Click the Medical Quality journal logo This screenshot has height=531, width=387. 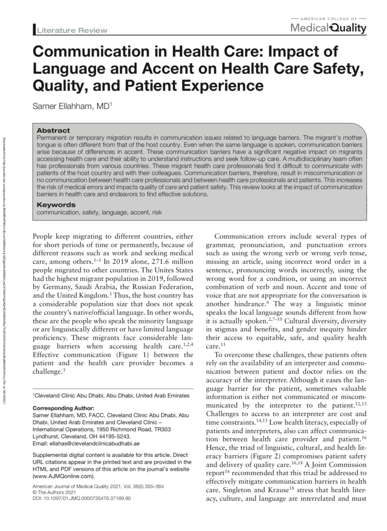[328, 27]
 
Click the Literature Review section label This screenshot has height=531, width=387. [72, 30]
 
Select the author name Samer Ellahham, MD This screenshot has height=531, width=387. [71, 106]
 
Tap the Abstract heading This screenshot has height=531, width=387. [53, 130]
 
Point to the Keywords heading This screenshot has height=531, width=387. [56, 205]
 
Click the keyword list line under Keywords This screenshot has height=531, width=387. [99, 212]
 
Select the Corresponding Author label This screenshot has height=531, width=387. [64, 408]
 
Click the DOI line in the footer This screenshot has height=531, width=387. [82, 498]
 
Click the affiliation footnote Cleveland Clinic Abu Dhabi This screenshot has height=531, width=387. [111, 396]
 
